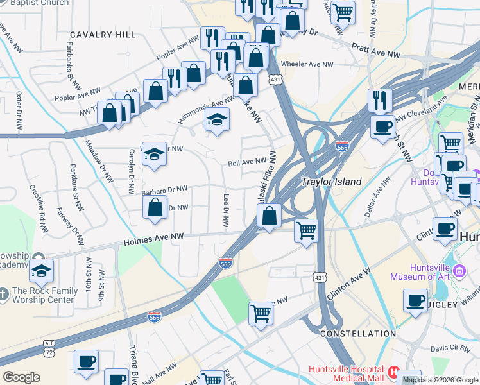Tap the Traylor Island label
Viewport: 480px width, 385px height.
click(x=332, y=182)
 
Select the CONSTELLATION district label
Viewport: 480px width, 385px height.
click(x=357, y=334)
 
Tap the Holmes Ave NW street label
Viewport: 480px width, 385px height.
click(x=154, y=237)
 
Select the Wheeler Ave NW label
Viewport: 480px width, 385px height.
click(x=311, y=64)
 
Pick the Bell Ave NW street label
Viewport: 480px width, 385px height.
click(x=247, y=162)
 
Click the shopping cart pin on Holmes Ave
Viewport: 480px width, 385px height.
click(x=307, y=230)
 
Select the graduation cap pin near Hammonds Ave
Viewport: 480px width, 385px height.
click(x=217, y=119)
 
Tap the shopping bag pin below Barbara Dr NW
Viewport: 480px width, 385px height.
click(x=155, y=207)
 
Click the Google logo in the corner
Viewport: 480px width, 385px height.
click(x=21, y=377)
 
